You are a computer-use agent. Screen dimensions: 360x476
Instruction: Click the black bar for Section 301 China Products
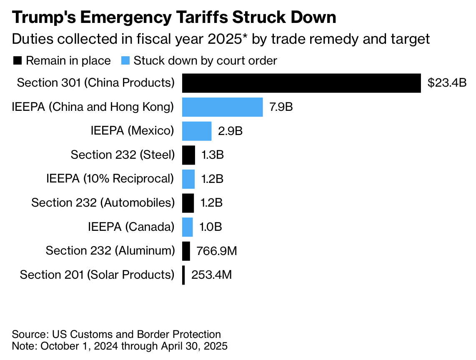click(301, 83)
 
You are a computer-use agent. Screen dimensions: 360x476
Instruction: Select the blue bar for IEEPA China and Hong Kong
click(222, 107)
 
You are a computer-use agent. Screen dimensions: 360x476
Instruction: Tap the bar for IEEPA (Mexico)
click(197, 131)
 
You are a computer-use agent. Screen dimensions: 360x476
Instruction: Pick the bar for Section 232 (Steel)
click(188, 155)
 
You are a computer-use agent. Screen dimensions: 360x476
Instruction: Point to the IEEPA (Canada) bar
click(188, 227)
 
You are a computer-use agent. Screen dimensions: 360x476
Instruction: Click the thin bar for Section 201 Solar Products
click(183, 275)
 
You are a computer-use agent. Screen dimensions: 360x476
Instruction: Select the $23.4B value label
click(447, 83)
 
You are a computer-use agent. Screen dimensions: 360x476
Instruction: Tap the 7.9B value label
click(281, 107)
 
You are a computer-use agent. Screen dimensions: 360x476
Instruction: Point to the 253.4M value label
click(211, 275)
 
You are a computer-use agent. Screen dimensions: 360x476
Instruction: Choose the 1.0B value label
click(210, 227)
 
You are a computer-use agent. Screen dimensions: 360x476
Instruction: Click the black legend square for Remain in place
click(18, 61)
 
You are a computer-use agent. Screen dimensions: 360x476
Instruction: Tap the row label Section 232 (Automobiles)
click(103, 203)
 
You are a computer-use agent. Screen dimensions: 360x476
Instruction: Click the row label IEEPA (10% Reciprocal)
click(110, 179)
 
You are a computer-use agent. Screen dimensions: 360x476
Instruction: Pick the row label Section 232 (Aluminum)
click(110, 251)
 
